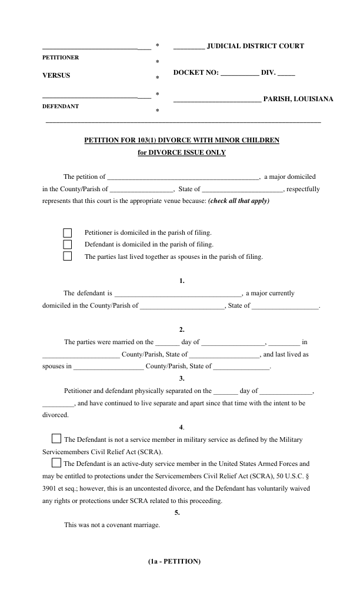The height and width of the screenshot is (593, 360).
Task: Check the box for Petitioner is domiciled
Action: [x=67, y=232]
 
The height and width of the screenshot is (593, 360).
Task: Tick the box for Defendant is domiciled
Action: [x=67, y=244]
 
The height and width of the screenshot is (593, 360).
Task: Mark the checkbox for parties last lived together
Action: [x=67, y=256]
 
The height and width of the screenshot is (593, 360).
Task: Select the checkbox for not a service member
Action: [x=56, y=438]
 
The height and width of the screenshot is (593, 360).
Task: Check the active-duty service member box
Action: [x=56, y=462]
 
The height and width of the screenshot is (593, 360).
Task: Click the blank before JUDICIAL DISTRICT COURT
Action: [x=189, y=46]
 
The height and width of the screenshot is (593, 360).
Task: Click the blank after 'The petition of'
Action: [x=184, y=176]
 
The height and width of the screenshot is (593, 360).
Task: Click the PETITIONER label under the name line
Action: [x=61, y=58]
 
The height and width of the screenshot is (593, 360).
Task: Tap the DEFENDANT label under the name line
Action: [x=61, y=107]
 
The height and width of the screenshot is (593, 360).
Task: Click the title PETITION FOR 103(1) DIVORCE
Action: [x=182, y=140]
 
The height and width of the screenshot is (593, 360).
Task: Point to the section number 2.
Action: [x=182, y=329]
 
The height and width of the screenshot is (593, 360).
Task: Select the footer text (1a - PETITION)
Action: [x=175, y=561]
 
